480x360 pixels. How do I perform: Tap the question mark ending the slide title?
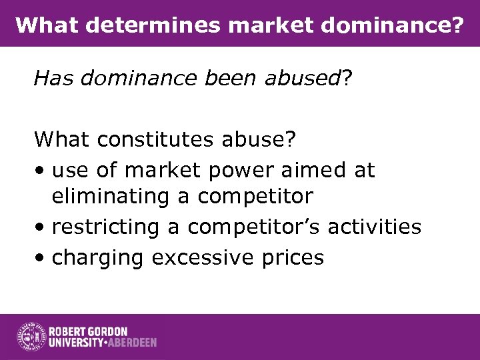pyautogui.click(x=457, y=25)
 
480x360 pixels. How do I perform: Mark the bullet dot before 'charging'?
pyautogui.click(x=41, y=258)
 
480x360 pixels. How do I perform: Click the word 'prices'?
pyautogui.click(x=292, y=257)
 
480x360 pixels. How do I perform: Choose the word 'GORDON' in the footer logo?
pyautogui.click(x=107, y=332)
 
